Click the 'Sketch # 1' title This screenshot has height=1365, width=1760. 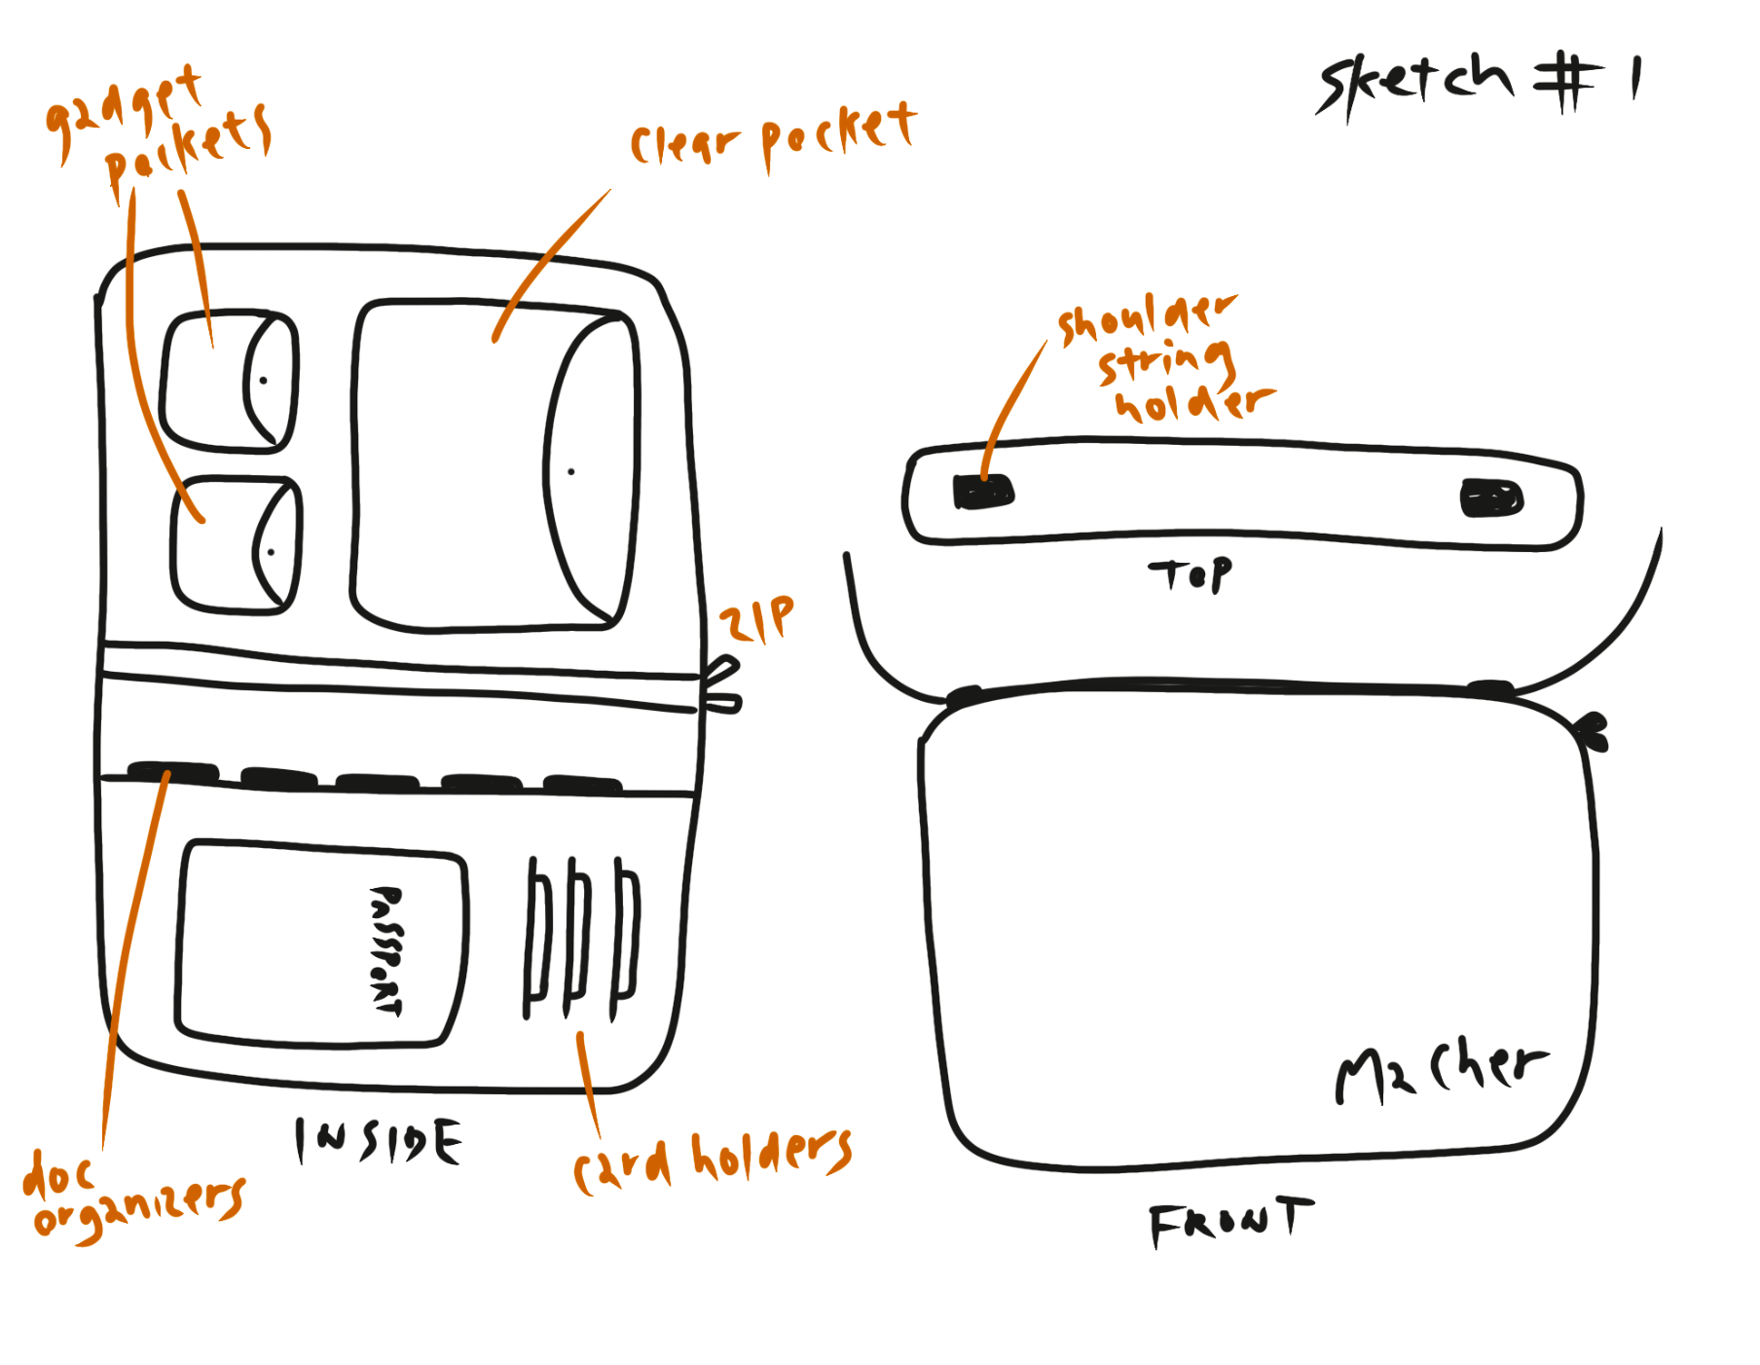1479,82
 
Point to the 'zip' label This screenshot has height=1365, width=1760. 756,619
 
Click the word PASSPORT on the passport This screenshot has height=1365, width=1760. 386,949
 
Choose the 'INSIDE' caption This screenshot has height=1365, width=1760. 379,1141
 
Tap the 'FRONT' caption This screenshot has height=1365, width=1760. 1229,1222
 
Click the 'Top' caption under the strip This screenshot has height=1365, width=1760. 1190,574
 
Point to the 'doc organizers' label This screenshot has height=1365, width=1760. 133,1198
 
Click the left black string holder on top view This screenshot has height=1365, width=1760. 983,493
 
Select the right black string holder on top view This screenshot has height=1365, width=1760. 1491,498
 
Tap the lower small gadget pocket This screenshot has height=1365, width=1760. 235,544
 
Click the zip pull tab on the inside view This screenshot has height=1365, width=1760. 721,684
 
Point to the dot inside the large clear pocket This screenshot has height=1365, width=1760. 571,472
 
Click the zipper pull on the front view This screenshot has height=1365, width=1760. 1594,730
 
